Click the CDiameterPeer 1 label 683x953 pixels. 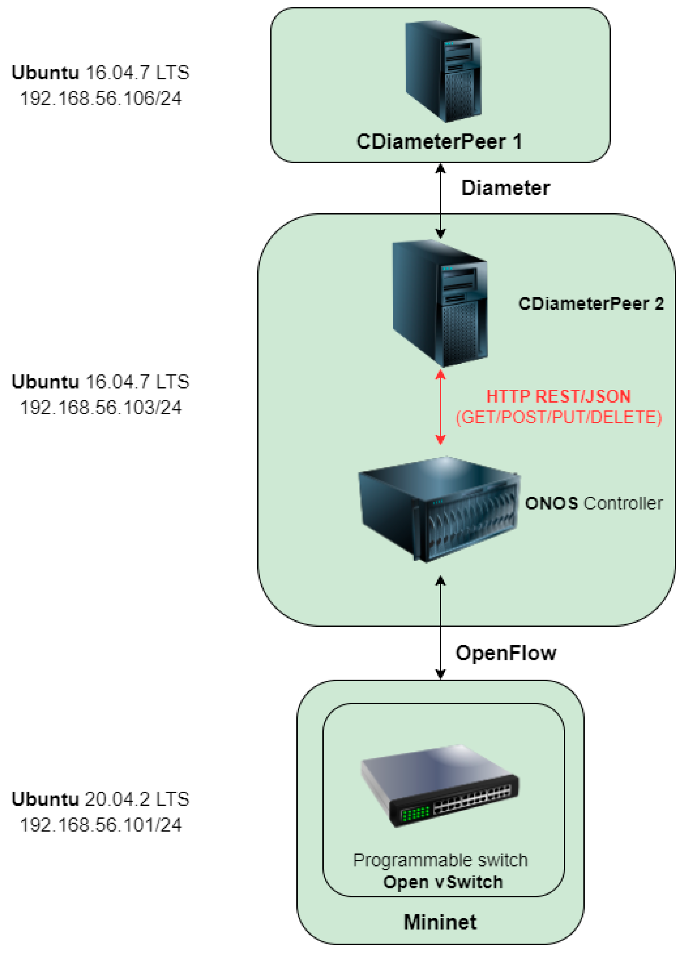(x=439, y=142)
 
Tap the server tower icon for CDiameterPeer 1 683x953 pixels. (x=443, y=71)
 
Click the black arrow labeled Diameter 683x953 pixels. (x=440, y=201)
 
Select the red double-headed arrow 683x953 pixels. (x=440, y=407)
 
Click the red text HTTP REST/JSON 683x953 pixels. (x=558, y=396)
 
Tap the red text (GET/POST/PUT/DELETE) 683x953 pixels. (x=559, y=417)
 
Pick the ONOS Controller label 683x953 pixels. (x=593, y=503)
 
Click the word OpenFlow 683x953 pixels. (x=506, y=653)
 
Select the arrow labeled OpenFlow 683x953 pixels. (x=440, y=630)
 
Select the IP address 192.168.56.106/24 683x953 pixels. (x=101, y=98)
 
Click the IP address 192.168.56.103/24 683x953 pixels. (x=101, y=407)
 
